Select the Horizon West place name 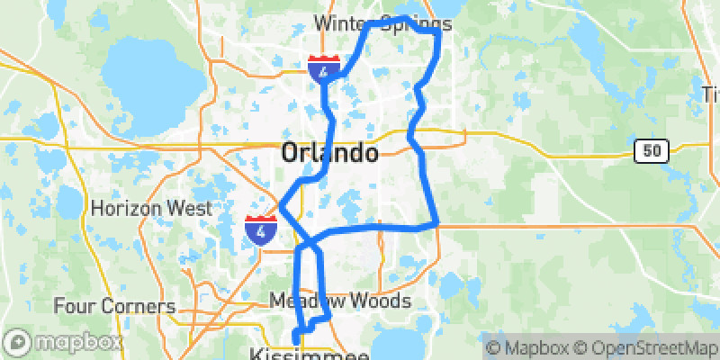(x=151, y=208)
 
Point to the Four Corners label (x=114, y=306)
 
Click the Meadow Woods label (x=340, y=301)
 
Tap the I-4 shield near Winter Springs (x=324, y=67)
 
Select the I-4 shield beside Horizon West (x=261, y=229)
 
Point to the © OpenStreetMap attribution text (x=649, y=346)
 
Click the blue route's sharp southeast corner (x=436, y=222)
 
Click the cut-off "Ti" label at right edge (x=712, y=94)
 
